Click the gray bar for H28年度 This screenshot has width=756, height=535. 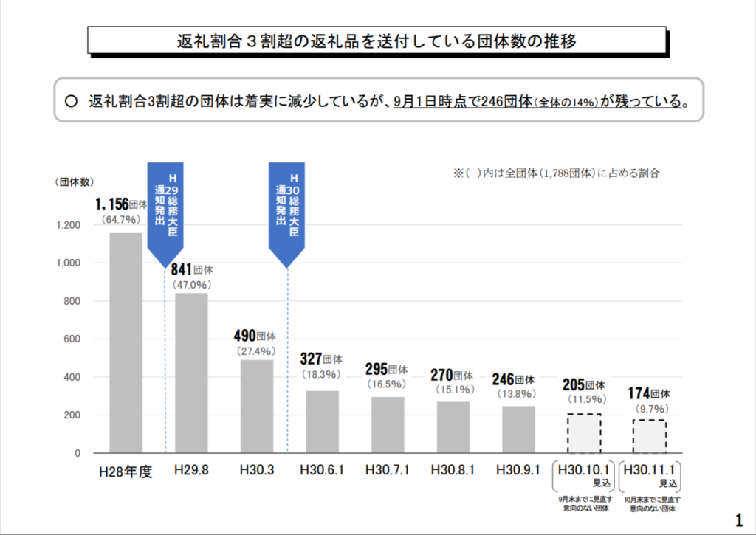[126, 343]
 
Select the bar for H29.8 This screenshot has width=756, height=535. [191, 373]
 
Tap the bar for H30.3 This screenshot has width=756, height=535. [257, 406]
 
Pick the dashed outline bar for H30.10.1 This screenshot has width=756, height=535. [584, 434]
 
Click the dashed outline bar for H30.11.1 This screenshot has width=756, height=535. [649, 437]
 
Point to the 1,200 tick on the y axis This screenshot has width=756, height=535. [68, 225]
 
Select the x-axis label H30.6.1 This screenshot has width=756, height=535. [322, 470]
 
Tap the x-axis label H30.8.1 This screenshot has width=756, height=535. [453, 470]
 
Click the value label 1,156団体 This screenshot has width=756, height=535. [121, 204]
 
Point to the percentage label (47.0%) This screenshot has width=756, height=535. [192, 284]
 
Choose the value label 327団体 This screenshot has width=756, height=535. [321, 359]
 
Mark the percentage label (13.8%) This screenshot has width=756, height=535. [518, 394]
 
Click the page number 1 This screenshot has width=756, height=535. [740, 517]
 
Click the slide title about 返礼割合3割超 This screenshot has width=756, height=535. [377, 41]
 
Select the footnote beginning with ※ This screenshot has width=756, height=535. [555, 174]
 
